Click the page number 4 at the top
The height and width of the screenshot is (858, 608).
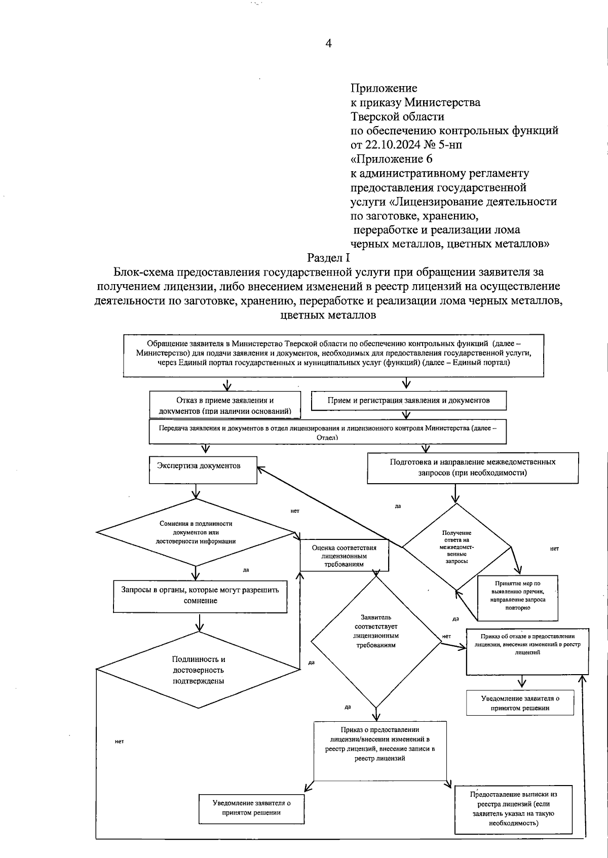pyautogui.click(x=328, y=44)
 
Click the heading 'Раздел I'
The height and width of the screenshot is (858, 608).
pyautogui.click(x=328, y=258)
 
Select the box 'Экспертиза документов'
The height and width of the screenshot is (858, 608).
pyautogui.click(x=203, y=470)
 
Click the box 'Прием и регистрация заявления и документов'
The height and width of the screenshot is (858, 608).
pyautogui.click(x=408, y=400)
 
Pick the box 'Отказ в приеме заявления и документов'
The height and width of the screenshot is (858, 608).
pyautogui.click(x=225, y=405)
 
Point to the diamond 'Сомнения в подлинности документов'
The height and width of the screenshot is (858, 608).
pyautogui.click(x=196, y=532)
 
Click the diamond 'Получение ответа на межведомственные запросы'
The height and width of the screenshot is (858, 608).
pyautogui.click(x=457, y=547)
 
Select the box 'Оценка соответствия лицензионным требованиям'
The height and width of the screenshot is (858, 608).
pyautogui.click(x=345, y=556)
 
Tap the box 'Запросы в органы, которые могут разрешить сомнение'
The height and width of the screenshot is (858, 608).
pyautogui.click(x=200, y=596)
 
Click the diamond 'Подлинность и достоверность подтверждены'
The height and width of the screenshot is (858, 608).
pyautogui.click(x=198, y=670)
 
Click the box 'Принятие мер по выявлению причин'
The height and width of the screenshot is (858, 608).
pyautogui.click(x=518, y=598)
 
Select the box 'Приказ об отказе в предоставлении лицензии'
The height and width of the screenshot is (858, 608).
pyautogui.click(x=527, y=652)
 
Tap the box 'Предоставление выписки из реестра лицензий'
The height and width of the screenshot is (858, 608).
pyautogui.click(x=514, y=808)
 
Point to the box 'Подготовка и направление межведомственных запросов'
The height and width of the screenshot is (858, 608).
pyautogui.click(x=472, y=467)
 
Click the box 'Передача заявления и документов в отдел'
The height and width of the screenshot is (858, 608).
pyautogui.click(x=327, y=432)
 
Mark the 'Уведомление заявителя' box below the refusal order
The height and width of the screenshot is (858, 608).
pyautogui.click(x=520, y=703)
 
